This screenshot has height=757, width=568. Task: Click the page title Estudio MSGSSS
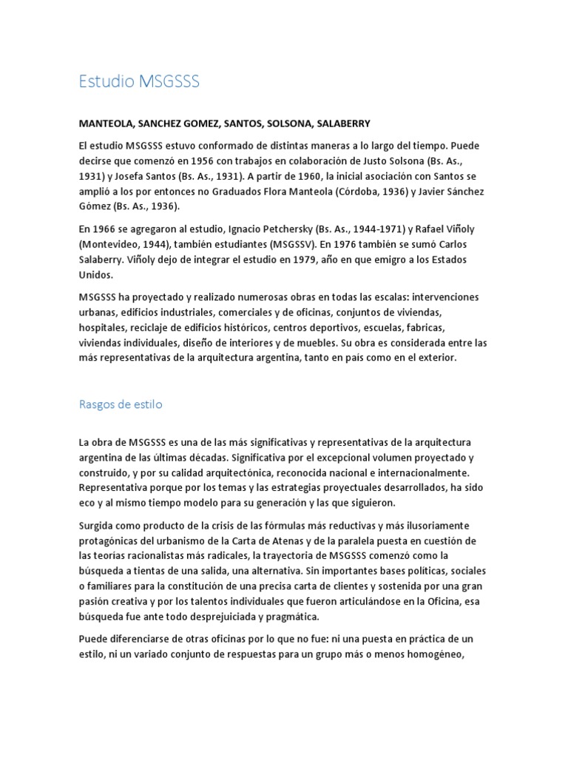[x=139, y=82]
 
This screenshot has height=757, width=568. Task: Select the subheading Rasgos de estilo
[x=121, y=404]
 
